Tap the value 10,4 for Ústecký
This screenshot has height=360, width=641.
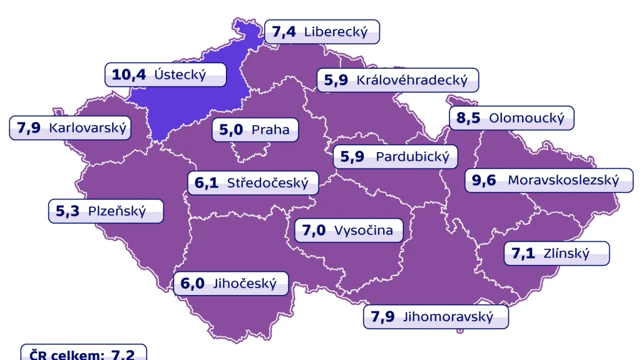(129, 75)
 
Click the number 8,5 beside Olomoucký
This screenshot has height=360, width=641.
(468, 118)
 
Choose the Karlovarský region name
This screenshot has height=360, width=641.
(88, 128)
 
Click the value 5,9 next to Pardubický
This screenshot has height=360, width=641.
(352, 157)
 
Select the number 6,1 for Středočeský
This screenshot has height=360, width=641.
(207, 183)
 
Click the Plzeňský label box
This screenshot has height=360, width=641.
(106, 211)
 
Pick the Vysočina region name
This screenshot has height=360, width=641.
(364, 230)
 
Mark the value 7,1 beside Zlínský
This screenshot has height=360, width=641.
(523, 254)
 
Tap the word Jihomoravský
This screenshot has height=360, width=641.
(448, 317)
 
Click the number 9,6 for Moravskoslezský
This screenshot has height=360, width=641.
(484, 181)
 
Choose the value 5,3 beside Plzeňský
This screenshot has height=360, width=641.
(68, 212)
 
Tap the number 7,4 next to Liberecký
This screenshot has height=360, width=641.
(284, 33)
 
